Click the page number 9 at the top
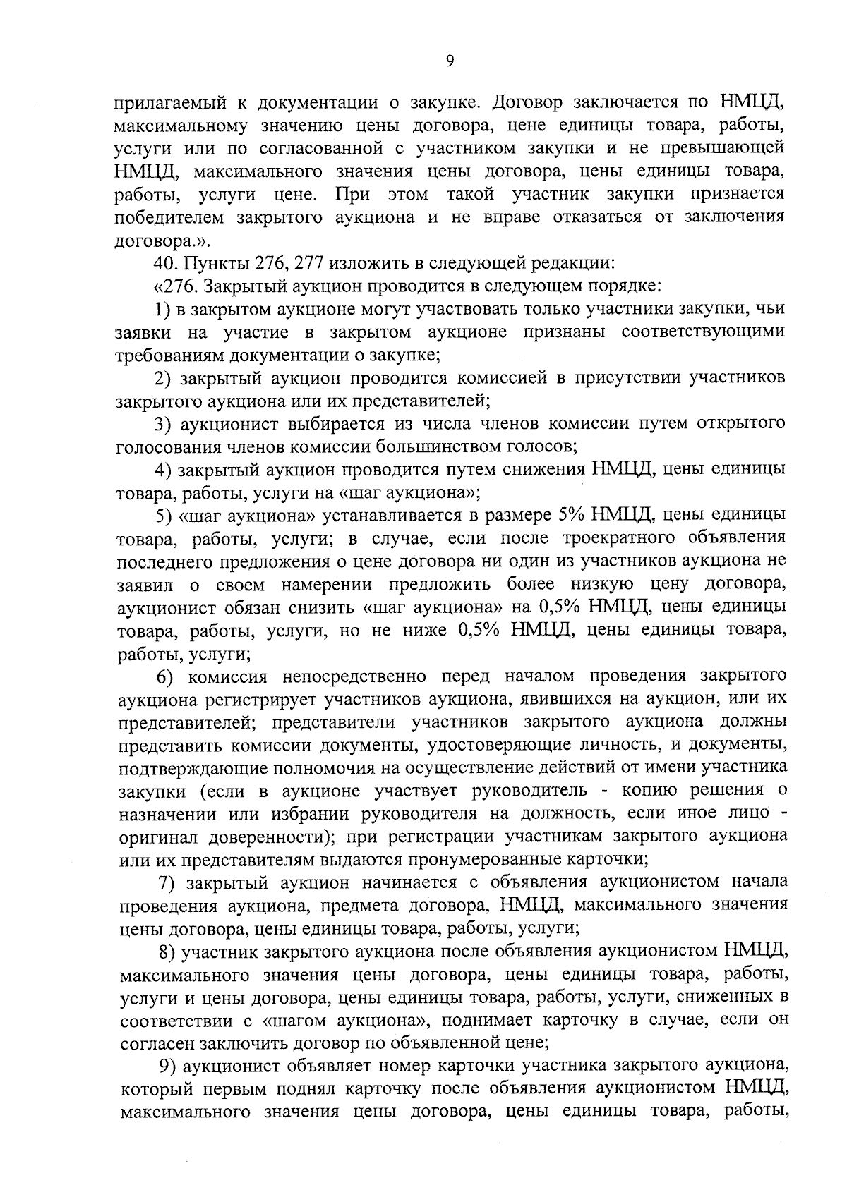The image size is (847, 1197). click(450, 61)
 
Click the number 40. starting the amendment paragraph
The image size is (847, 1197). click(167, 264)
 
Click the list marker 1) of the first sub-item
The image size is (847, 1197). click(163, 310)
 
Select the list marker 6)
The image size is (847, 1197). click(164, 676)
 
